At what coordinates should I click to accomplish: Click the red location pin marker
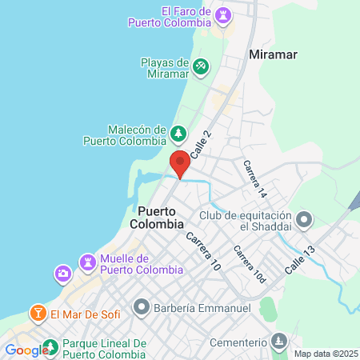180,162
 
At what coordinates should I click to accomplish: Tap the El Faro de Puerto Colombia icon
223,14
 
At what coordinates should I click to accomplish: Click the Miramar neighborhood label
274,55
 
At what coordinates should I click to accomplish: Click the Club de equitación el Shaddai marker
304,218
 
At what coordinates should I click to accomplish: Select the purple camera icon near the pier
62,274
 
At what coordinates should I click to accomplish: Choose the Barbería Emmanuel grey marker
142,306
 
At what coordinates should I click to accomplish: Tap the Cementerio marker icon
278,341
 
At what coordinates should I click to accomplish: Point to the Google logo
25,350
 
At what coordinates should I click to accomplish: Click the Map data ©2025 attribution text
324,354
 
